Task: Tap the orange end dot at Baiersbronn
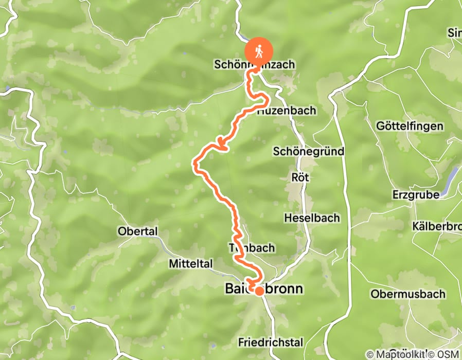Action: point(260,291)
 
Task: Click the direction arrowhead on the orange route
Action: point(222,145)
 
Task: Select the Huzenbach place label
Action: point(287,111)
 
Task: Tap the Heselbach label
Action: point(312,218)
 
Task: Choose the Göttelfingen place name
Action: point(402,126)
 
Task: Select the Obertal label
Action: point(137,231)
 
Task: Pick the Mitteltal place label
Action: point(190,264)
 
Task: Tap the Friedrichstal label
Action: point(271,342)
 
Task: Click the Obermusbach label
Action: point(400,294)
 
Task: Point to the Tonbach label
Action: point(252,248)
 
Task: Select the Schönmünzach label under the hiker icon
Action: point(254,65)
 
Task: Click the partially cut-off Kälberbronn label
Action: point(437,226)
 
